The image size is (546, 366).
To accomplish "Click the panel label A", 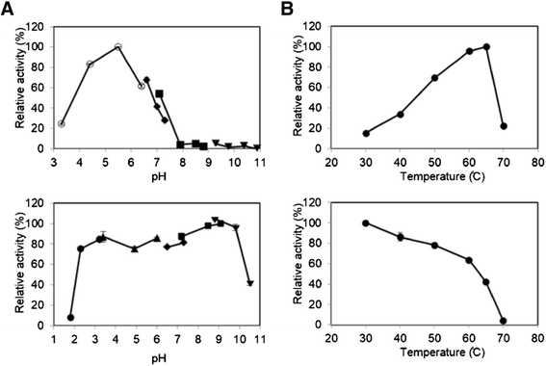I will coord(9,10).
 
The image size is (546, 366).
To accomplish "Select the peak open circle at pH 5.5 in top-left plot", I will coord(117,46).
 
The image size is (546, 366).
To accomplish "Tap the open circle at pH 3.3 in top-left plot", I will coord(62,123).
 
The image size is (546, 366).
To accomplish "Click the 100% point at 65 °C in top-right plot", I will coord(486,46).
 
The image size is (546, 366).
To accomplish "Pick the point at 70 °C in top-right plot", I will coord(504,126).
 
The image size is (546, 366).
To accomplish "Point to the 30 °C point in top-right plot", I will coord(366,133).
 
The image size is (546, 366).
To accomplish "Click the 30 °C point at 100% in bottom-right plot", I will coord(366,223).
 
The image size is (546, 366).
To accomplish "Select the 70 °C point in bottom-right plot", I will coord(504,321).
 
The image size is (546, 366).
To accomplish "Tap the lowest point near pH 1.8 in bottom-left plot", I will coord(70,317).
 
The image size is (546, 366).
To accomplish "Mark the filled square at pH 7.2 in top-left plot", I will coord(159,94).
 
